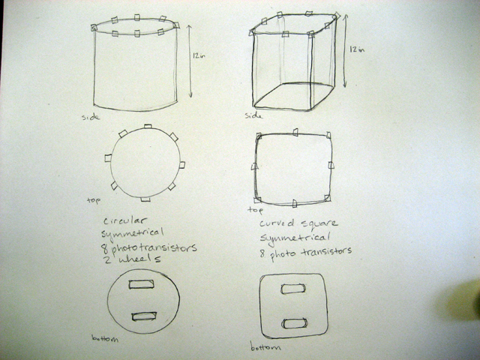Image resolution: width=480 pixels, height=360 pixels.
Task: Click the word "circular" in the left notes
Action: (125, 220)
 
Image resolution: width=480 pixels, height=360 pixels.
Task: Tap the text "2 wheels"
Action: (131, 259)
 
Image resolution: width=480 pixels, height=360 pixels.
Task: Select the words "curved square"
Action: (298, 223)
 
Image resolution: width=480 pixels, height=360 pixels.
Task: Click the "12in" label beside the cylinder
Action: (199, 55)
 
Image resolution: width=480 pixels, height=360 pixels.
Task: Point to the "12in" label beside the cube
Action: (357, 49)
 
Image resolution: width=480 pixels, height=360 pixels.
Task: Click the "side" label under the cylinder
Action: (91, 117)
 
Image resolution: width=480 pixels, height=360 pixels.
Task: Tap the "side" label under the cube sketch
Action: (253, 115)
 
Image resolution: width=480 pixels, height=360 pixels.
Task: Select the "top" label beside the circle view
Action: (94, 200)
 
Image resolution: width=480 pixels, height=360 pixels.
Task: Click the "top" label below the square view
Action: (255, 210)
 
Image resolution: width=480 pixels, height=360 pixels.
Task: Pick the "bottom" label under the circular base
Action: (105, 338)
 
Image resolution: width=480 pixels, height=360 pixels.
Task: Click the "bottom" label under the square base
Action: (265, 346)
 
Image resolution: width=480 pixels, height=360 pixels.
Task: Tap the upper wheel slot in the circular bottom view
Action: (141, 284)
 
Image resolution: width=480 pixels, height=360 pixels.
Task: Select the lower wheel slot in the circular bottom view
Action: (144, 316)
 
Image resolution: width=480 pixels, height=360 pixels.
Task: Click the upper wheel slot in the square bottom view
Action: (293, 289)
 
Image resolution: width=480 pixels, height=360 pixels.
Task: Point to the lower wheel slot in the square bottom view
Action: (295, 323)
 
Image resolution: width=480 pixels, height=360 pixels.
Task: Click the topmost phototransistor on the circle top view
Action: (148, 126)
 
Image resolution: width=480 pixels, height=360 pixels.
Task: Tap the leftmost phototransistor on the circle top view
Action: (108, 158)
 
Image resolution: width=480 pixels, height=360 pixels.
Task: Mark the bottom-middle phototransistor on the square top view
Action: (295, 203)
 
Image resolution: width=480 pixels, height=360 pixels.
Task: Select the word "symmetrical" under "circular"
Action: (132, 233)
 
